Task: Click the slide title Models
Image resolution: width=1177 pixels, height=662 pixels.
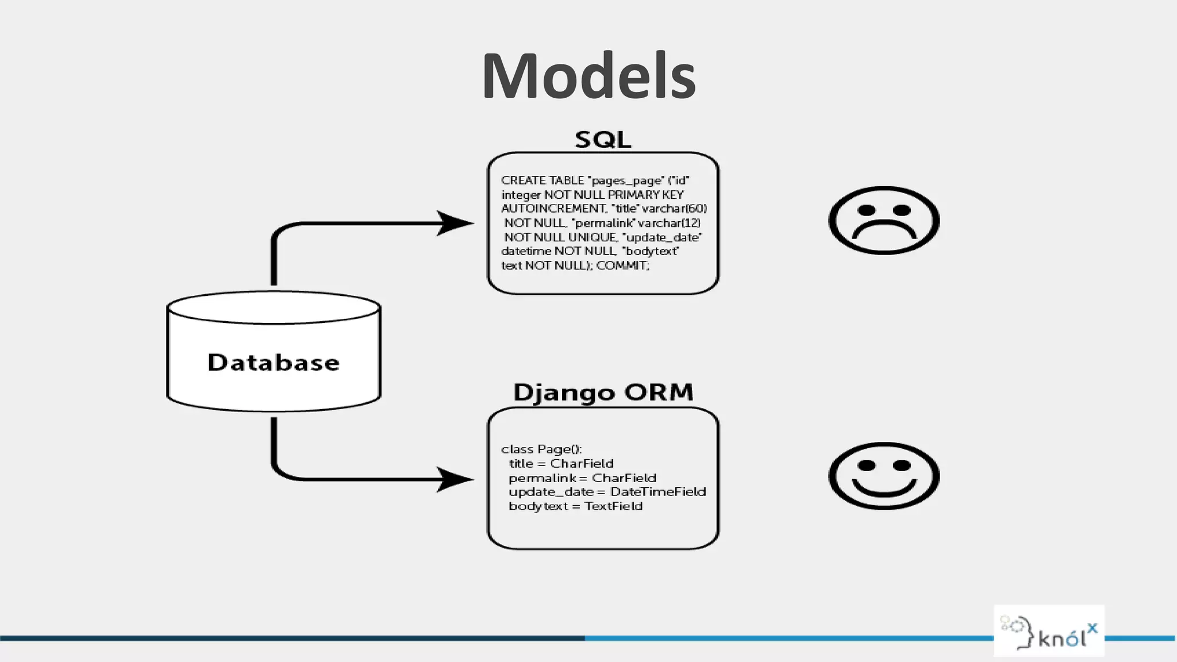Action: (x=588, y=76)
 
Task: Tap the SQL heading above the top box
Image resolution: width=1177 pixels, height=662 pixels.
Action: (x=603, y=140)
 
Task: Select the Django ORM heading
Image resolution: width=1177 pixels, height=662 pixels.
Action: (x=603, y=392)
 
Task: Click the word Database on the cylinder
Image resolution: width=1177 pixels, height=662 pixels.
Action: (x=274, y=363)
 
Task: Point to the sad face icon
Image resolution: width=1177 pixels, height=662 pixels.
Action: (x=884, y=220)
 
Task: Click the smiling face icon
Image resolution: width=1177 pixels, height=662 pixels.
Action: (x=884, y=476)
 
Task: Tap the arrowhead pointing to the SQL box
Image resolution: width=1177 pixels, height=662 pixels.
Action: (x=455, y=223)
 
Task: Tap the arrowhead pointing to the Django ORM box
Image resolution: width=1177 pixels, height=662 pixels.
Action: (x=455, y=479)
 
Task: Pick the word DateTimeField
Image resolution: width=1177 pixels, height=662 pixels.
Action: (x=658, y=492)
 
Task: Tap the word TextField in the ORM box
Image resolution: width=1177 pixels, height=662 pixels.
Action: (x=613, y=506)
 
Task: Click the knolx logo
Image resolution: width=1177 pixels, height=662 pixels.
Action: (x=1049, y=631)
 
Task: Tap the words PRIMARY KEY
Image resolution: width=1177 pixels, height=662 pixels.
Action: (x=645, y=195)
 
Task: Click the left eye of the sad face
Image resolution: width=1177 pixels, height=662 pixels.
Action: (x=866, y=210)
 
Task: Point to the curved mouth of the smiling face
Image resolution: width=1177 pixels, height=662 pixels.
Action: (x=884, y=490)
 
